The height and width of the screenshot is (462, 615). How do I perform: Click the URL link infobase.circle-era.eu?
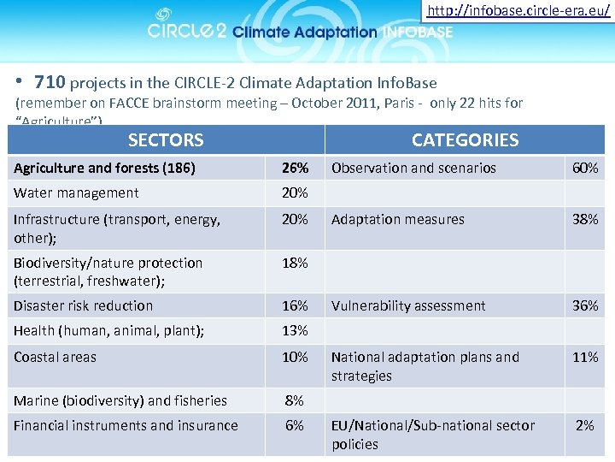coord(518,11)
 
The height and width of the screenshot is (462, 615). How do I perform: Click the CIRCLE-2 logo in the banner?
coord(187,29)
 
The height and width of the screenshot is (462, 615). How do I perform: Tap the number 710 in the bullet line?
coord(50,83)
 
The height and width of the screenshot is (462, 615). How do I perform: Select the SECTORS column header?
coord(166,139)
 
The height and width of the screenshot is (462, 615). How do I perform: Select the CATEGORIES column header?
coord(465,139)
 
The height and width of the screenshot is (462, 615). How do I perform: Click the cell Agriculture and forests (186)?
coord(104,168)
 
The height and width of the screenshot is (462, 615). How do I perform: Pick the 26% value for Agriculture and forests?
coord(295,168)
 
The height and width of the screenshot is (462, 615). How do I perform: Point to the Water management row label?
coord(76,193)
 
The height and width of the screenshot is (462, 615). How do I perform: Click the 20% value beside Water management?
coord(295,193)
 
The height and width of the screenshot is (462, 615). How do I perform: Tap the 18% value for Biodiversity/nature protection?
coord(295,263)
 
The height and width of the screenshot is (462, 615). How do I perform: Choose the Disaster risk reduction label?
coord(84,305)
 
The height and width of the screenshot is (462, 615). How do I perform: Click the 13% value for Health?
coord(295,331)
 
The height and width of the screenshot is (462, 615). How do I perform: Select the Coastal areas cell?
coord(56,357)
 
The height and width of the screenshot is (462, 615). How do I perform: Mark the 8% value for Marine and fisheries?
coord(295,400)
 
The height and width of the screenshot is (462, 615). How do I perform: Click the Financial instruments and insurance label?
coord(126,425)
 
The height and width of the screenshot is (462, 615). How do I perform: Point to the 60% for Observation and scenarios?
coord(585,168)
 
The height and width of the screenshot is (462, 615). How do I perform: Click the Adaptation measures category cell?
coord(398,219)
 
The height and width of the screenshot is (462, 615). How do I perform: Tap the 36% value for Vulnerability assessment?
coord(585,305)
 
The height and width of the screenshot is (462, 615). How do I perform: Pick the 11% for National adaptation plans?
coord(585,357)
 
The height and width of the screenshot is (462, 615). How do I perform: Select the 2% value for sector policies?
coord(585,425)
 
